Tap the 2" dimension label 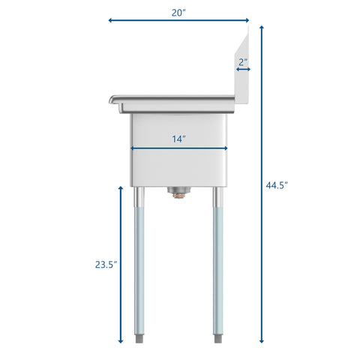(243, 61)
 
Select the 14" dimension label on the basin (178, 139)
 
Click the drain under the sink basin (178, 193)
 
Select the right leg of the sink (218, 270)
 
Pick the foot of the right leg (218, 339)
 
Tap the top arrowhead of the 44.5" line (262, 28)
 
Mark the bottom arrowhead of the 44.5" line (262, 341)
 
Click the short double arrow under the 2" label (243, 70)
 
